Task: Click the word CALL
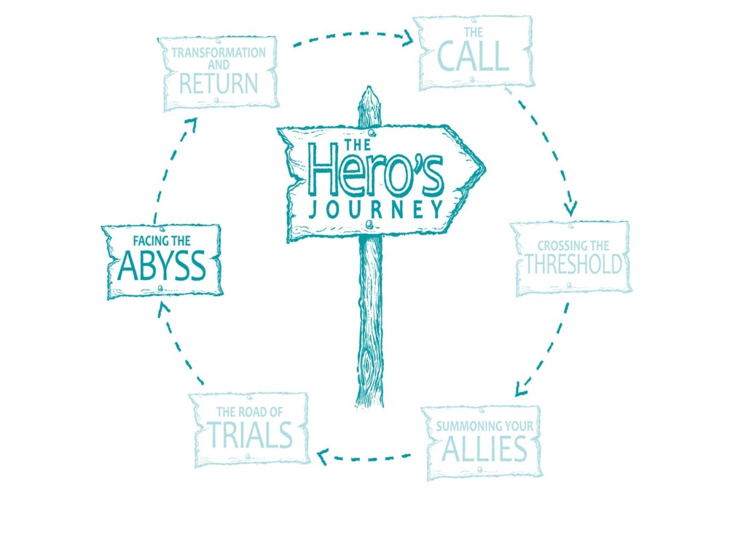[473, 56]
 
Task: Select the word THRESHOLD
[573, 264]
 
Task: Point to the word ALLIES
[484, 448]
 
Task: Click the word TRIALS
[251, 435]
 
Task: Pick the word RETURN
[219, 84]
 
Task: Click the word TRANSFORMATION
[219, 52]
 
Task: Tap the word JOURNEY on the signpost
[376, 209]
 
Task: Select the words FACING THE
[161, 241]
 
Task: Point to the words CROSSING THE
[573, 246]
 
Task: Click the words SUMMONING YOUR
[484, 426]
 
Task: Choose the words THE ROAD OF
[250, 411]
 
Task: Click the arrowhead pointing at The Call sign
[407, 38]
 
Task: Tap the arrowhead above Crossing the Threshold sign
[570, 209]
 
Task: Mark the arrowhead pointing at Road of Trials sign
[323, 456]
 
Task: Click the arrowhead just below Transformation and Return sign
[191, 125]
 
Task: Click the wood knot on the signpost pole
[368, 367]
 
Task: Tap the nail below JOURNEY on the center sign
[369, 225]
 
